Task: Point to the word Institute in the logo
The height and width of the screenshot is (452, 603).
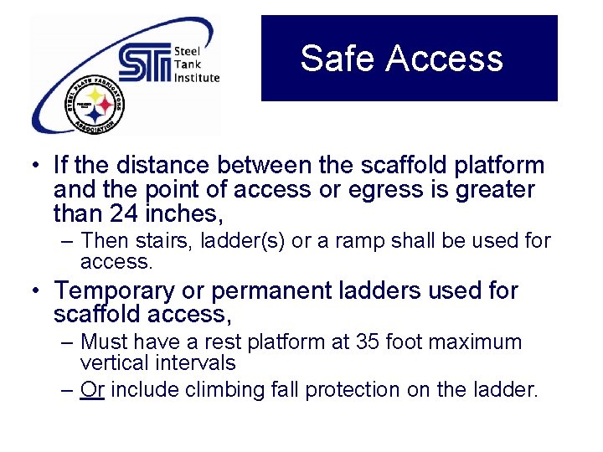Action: tap(197, 78)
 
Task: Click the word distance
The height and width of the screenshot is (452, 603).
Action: tap(156, 166)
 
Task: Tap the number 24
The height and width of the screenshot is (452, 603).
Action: tap(126, 214)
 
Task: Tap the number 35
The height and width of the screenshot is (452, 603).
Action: tap(367, 342)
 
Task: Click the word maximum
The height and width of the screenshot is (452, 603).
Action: tap(477, 342)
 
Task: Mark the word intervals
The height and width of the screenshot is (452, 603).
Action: tap(199, 363)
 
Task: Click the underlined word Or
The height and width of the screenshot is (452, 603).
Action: tap(92, 390)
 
